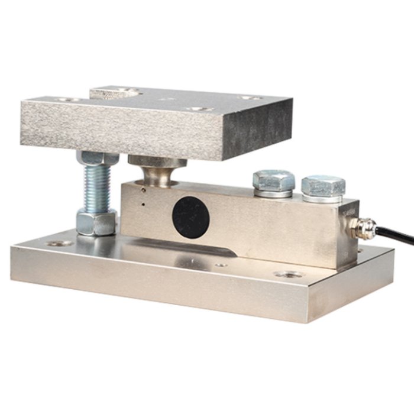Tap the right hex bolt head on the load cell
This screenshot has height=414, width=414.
click(323, 186)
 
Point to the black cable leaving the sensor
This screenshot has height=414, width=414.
click(396, 234)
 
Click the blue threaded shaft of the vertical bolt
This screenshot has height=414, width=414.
click(95, 186)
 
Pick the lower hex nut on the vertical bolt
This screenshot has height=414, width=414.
click(96, 221)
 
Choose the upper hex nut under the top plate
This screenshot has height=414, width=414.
click(93, 157)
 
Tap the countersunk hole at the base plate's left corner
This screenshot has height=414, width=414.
click(59, 243)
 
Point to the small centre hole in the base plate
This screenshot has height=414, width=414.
click(221, 264)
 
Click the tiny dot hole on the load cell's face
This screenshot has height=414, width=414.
click(144, 205)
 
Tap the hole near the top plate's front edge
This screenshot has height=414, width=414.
click(195, 109)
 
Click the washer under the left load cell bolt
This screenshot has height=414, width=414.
click(273, 193)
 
